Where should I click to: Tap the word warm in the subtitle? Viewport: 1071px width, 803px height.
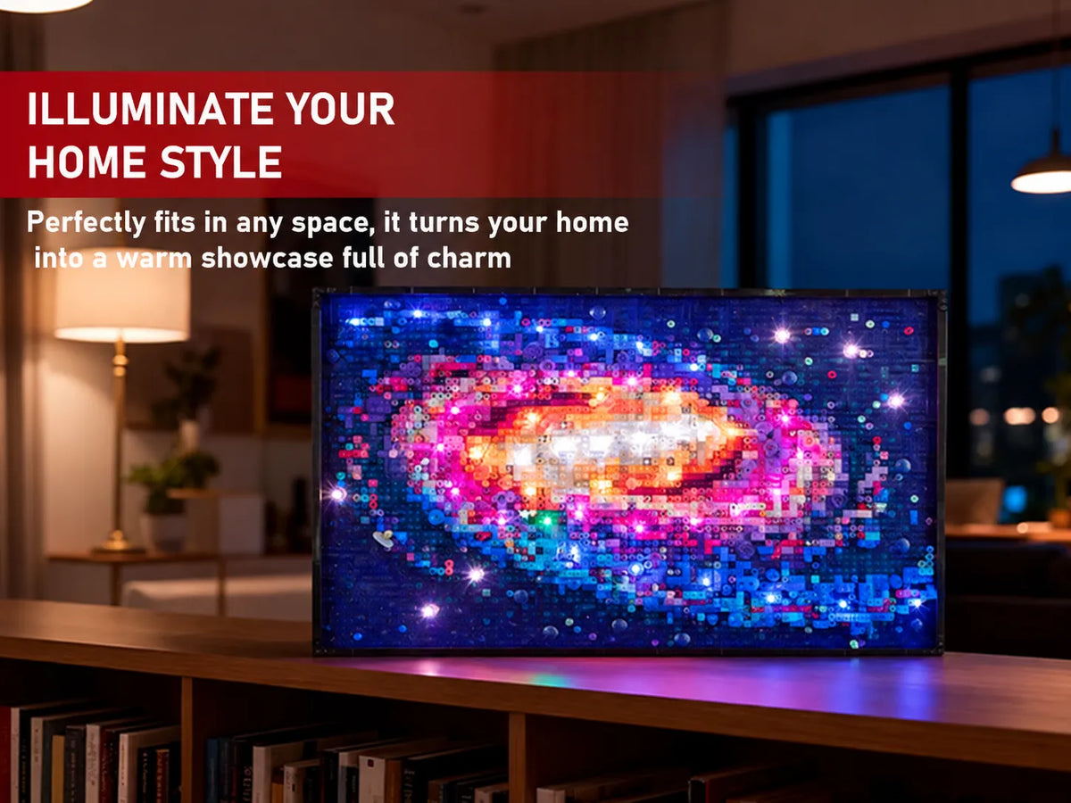coord(154,259)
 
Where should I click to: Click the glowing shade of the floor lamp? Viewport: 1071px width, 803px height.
coord(122,299)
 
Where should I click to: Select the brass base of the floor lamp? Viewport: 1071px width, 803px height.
coord(118,542)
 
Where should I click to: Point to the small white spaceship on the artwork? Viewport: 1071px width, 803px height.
coord(384,539)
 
